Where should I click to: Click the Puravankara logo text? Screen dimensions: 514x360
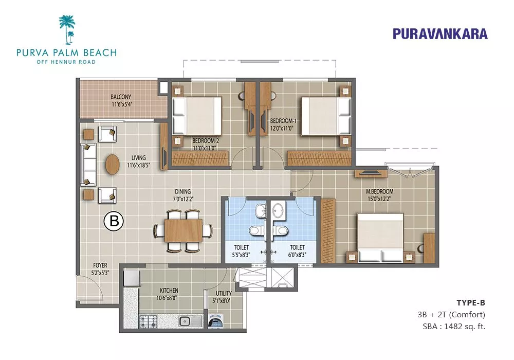click(x=440, y=34)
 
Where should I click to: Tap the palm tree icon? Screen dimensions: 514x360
click(x=67, y=29)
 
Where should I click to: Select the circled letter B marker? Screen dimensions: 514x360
click(x=114, y=221)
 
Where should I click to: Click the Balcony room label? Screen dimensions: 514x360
click(x=121, y=97)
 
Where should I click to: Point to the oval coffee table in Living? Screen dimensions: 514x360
click(x=112, y=164)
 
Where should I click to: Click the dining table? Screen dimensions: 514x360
click(x=183, y=230)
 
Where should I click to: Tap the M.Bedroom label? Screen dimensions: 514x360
click(x=380, y=191)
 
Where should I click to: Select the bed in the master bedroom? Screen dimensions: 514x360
click(x=380, y=238)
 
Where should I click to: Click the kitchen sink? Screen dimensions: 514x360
click(x=186, y=320)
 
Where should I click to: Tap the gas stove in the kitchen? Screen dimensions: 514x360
click(x=148, y=320)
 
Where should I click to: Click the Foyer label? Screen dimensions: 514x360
click(x=100, y=265)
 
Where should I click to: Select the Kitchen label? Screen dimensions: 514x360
click(x=169, y=291)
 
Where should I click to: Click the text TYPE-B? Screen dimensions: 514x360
click(x=471, y=302)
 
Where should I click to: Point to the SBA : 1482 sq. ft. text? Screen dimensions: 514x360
click(x=454, y=326)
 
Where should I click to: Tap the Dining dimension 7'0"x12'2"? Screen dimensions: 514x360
click(x=183, y=199)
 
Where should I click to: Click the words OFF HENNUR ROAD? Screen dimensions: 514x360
click(x=66, y=62)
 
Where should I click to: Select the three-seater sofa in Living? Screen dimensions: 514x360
click(x=88, y=165)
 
